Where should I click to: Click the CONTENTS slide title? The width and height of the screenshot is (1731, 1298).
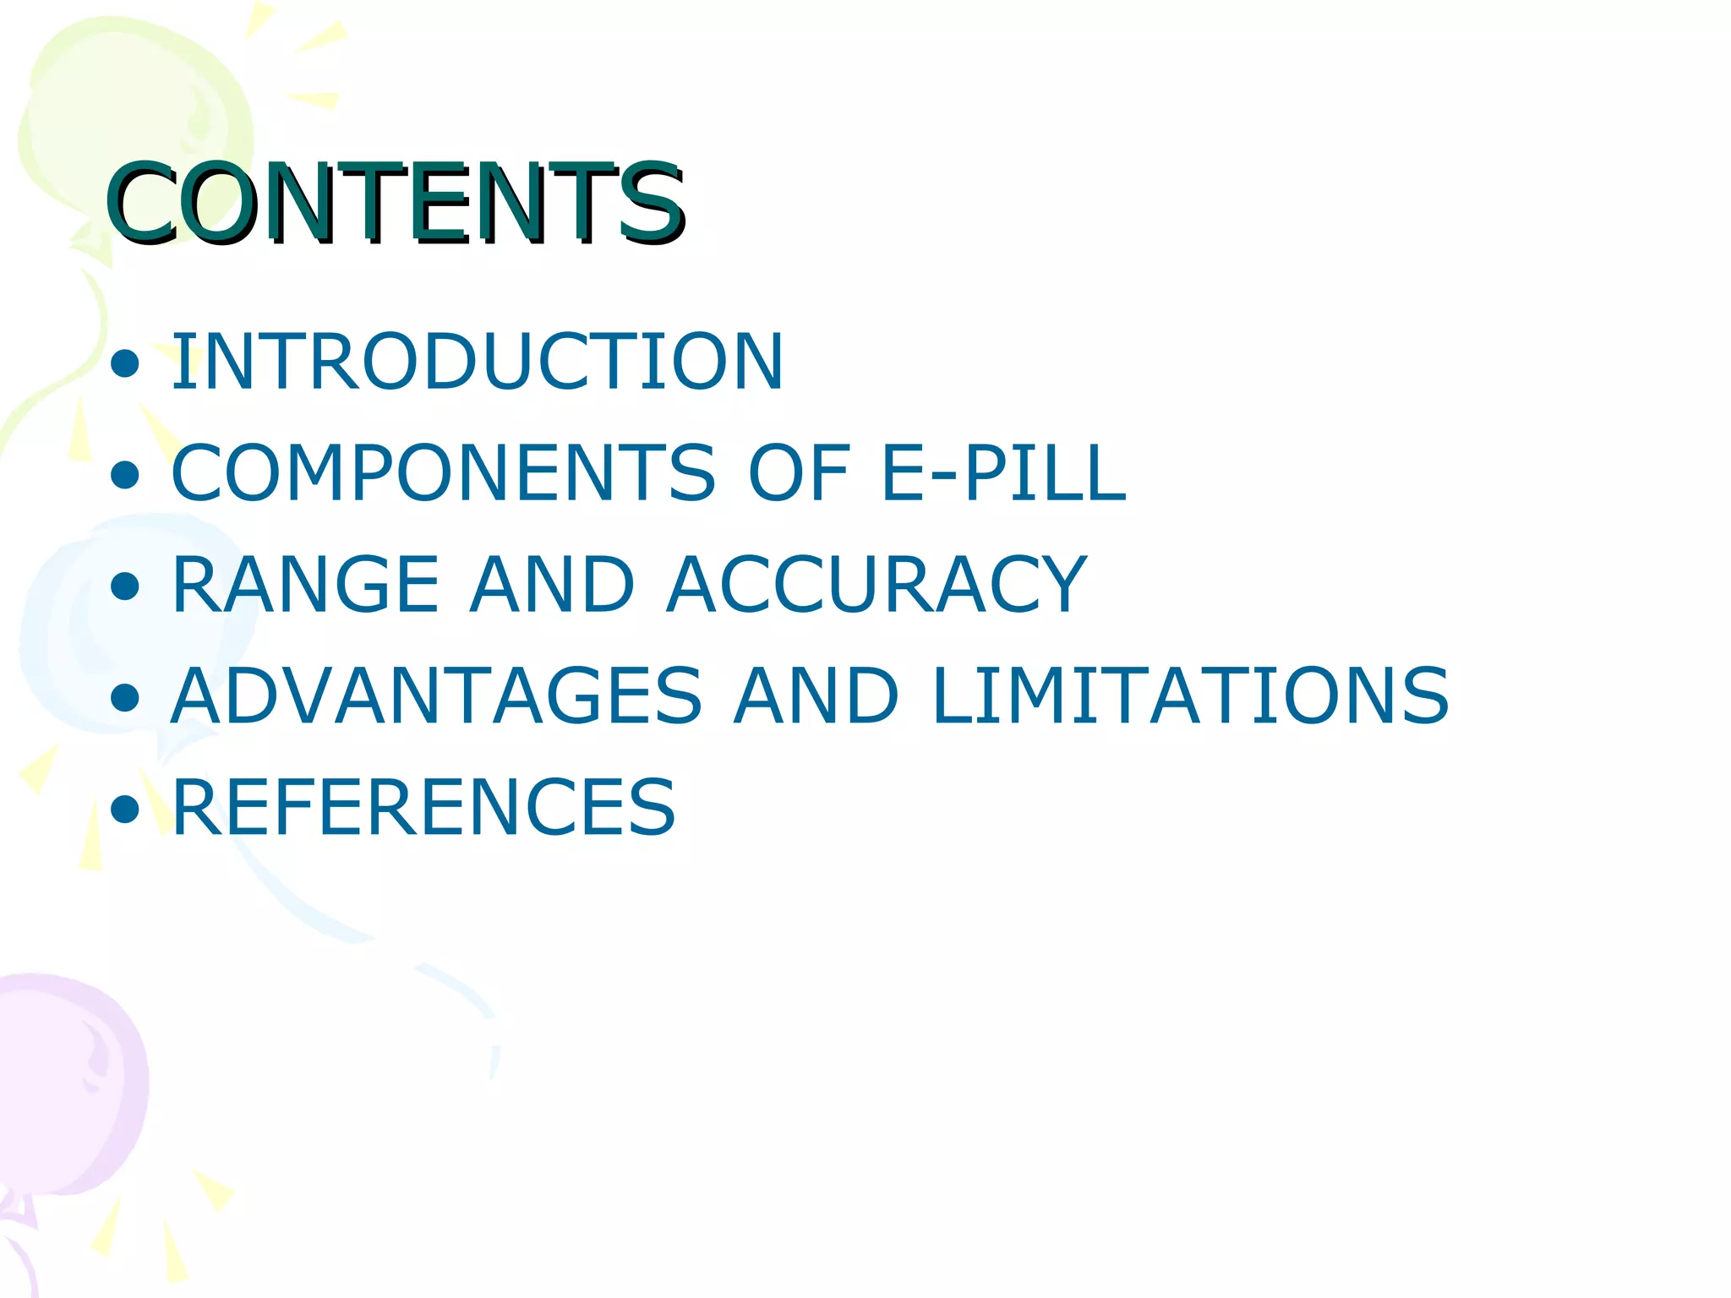point(396,203)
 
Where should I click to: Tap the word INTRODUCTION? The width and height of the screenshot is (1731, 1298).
point(478,362)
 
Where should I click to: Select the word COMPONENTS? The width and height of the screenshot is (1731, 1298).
point(444,473)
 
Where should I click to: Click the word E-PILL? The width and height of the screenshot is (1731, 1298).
point(1003,473)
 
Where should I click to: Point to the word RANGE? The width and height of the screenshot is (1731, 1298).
point(305,585)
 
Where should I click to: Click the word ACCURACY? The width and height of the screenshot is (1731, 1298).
point(876,585)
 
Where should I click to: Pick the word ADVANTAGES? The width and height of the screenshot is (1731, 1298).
point(436,696)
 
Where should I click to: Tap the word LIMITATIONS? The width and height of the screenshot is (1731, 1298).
point(1190,696)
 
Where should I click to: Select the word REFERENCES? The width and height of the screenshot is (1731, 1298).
point(423,808)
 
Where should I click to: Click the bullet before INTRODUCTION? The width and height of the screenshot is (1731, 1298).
point(125,364)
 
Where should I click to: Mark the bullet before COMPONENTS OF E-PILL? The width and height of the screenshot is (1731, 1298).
point(125,476)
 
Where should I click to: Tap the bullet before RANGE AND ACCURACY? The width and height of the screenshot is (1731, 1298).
point(125,586)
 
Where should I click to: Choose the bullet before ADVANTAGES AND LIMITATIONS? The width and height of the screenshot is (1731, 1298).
point(125,698)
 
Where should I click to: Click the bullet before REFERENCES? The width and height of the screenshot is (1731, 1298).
point(125,810)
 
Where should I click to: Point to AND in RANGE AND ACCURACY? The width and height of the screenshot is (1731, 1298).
point(552,585)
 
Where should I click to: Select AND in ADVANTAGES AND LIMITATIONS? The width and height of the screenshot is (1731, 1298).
point(816,696)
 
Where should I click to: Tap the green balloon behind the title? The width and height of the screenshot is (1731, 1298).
point(127,110)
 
